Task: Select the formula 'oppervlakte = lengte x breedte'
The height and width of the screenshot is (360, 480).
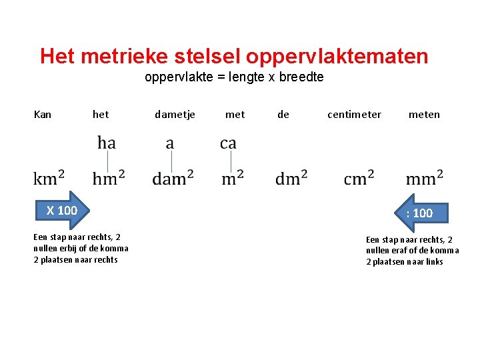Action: point(234,77)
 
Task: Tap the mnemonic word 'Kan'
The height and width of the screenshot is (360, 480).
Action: point(42,115)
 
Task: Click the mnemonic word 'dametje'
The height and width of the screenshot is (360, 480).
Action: point(175,115)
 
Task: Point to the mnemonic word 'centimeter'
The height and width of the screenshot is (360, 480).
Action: point(354,115)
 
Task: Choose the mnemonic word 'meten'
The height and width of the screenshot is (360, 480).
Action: point(424,115)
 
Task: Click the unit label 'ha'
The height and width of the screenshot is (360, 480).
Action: point(106,143)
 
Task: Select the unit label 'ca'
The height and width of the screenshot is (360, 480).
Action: point(228,143)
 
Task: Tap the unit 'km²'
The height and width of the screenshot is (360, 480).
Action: point(49,178)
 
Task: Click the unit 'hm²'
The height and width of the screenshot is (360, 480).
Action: point(109,178)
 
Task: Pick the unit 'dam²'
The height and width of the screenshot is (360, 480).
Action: point(173,178)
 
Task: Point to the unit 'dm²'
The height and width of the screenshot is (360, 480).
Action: point(291,178)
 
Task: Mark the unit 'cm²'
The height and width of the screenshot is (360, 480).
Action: point(359,178)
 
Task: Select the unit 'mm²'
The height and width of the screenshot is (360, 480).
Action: point(424,178)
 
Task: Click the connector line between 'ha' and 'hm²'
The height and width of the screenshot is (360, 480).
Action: point(106,161)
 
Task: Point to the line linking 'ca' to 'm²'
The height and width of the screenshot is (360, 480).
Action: point(230,161)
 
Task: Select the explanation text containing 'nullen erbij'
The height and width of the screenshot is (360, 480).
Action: point(81,249)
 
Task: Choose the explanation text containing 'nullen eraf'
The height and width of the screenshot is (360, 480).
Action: point(412,251)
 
